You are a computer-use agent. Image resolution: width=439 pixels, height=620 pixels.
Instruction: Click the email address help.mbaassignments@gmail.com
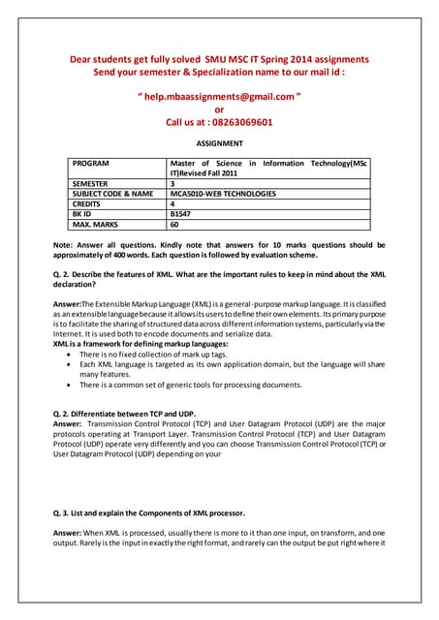(219, 97)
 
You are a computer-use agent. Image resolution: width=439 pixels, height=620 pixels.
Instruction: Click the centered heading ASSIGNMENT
(219, 143)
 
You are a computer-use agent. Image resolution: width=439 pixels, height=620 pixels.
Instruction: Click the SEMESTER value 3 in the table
(172, 183)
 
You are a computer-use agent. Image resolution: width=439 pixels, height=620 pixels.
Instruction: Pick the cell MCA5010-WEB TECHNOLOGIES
(223, 194)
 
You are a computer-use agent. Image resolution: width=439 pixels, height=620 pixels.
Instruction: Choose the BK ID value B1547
(181, 214)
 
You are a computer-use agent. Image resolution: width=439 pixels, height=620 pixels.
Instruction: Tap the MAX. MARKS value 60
(175, 225)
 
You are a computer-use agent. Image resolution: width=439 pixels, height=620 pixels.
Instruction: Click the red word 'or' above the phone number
(219, 110)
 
